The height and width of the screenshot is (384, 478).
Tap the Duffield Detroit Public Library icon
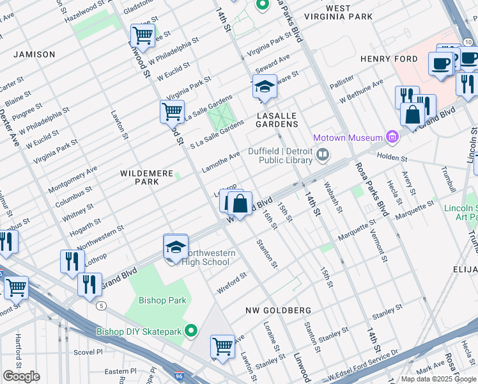[323, 154]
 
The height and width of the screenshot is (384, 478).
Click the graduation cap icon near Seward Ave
[263, 86]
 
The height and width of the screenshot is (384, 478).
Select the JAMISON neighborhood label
[34, 54]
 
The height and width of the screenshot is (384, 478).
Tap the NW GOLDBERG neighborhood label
[279, 310]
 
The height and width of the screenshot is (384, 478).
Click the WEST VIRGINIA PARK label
[337, 12]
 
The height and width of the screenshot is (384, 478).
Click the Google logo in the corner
[21, 376]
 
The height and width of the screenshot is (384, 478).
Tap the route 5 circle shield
[102, 305]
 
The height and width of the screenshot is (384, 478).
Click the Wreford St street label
[231, 279]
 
